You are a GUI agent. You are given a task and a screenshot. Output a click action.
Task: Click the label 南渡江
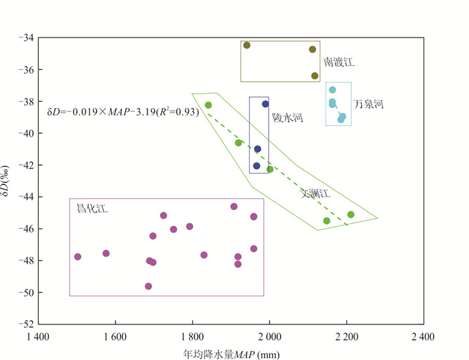(338, 62)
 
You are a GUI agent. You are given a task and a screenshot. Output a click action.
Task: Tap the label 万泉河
(369, 105)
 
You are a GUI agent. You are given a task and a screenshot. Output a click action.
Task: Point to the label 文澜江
(315, 193)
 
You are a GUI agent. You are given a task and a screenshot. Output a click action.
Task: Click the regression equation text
(123, 112)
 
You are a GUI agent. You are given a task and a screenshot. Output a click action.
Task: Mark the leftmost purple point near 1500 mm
(78, 257)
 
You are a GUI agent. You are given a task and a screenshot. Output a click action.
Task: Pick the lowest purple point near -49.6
(148, 286)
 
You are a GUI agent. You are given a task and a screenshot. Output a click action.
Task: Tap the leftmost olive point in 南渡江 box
(247, 45)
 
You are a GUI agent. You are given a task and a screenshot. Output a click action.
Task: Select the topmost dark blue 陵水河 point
(265, 104)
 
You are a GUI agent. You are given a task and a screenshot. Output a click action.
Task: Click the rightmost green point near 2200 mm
(350, 215)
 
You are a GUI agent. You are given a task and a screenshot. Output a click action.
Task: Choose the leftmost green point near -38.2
(208, 105)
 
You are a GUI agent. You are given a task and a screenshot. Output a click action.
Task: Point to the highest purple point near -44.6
(234, 206)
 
